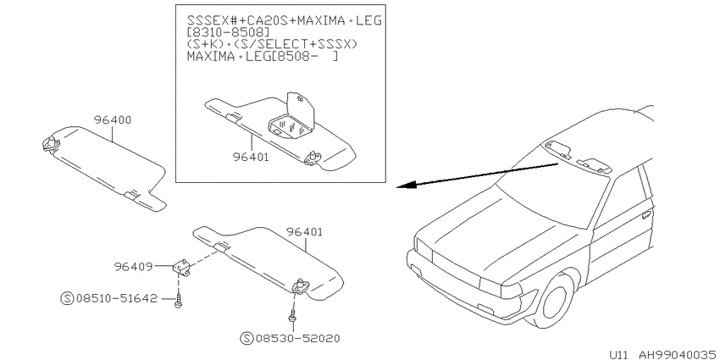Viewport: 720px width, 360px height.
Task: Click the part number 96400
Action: click(x=113, y=120)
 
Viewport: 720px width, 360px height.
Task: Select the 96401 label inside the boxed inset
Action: click(x=251, y=157)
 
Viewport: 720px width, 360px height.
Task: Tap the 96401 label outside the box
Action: click(x=304, y=232)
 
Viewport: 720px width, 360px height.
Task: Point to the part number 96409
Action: click(x=133, y=266)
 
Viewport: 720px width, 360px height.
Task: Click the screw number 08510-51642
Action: click(x=116, y=298)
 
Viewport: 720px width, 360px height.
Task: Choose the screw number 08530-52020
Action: click(x=298, y=339)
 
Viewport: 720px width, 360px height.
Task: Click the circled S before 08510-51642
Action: click(x=67, y=298)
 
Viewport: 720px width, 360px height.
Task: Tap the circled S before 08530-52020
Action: click(x=247, y=339)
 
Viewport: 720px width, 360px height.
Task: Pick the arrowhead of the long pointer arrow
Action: click(x=407, y=186)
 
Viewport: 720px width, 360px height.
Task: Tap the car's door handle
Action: click(x=646, y=214)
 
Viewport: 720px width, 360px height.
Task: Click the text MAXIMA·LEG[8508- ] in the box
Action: click(x=263, y=58)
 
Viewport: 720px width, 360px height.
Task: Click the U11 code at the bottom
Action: click(x=618, y=354)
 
